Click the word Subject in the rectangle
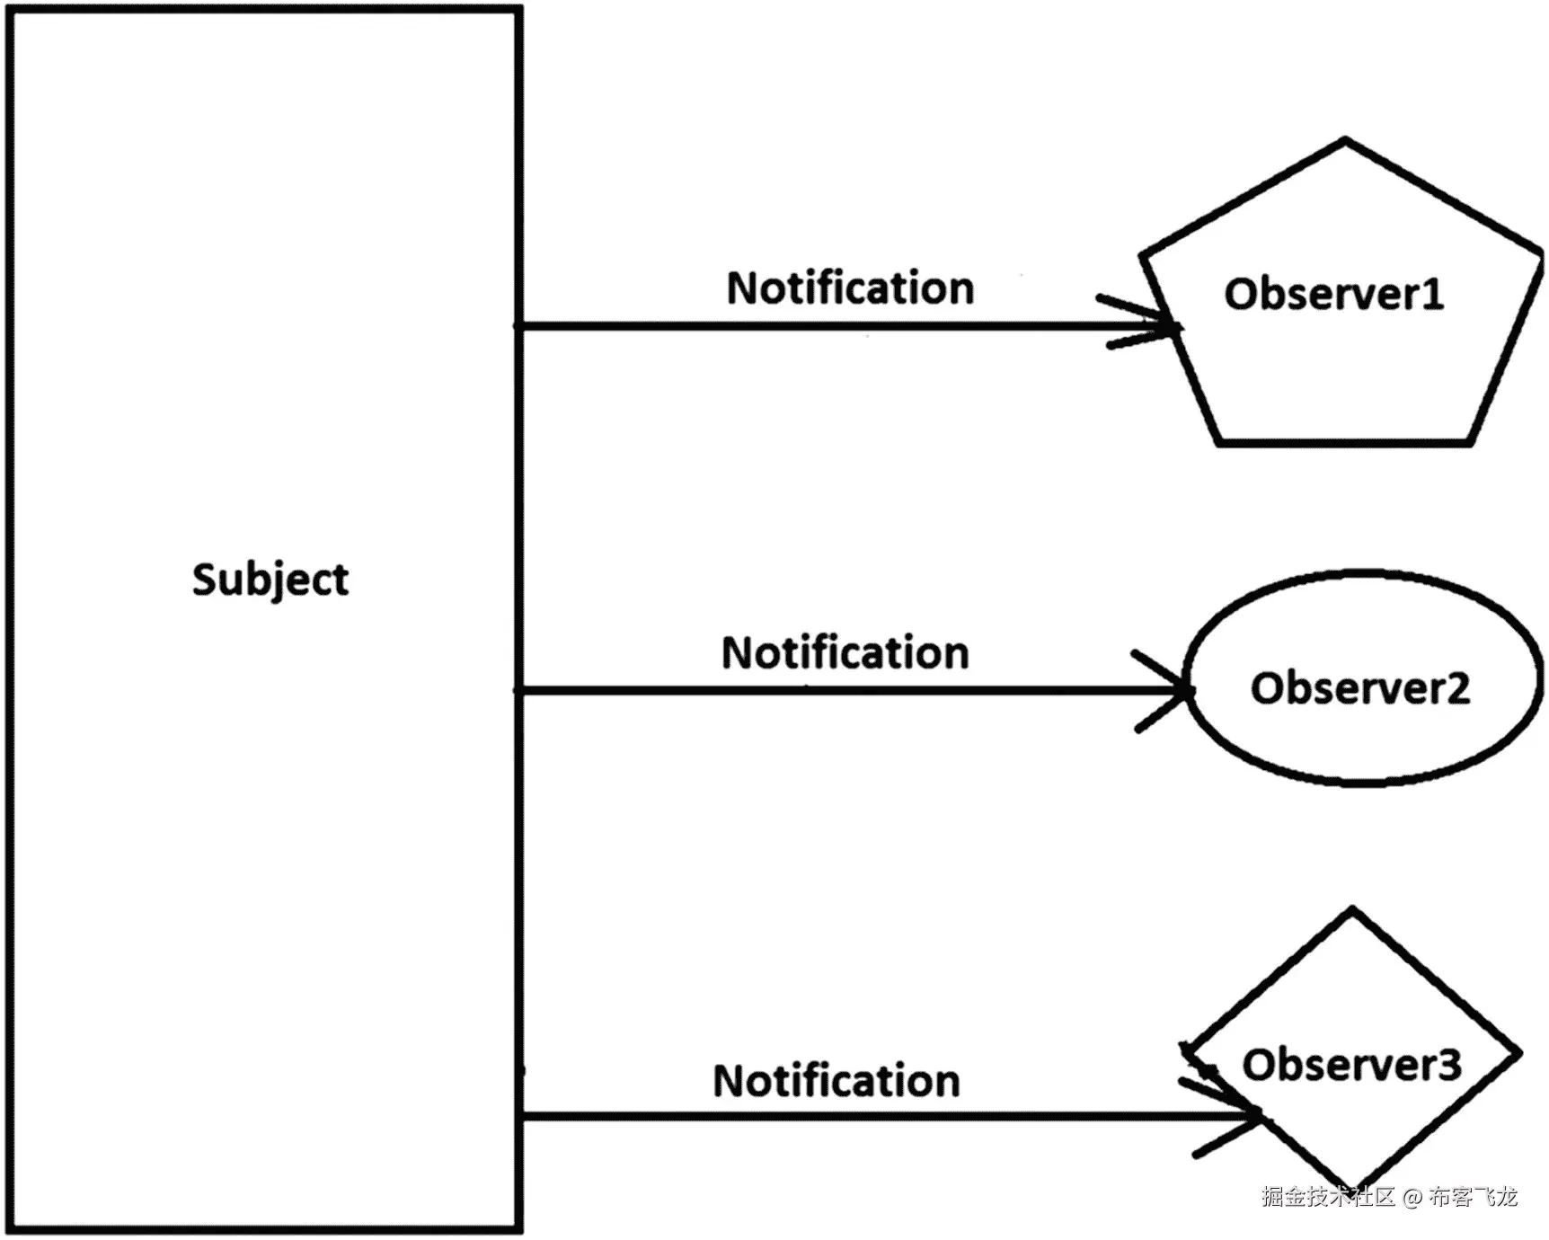pos(270,579)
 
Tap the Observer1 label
pos(1333,295)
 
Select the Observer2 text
pos(1359,688)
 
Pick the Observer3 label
pos(1351,1065)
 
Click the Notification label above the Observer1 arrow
pos(850,288)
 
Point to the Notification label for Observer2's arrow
pos(845,653)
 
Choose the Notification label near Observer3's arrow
pos(836,1081)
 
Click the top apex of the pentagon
pos(1345,140)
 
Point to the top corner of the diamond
pos(1352,910)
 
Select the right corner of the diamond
pos(1519,1052)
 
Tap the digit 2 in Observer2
pos(1458,688)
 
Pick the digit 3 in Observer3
pos(1449,1065)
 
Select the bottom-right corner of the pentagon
pos(1470,442)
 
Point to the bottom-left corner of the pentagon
pos(1219,442)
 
